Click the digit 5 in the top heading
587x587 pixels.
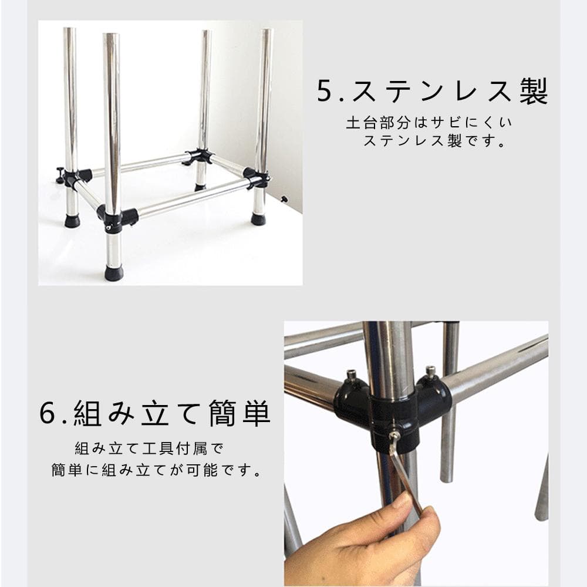click(x=325, y=90)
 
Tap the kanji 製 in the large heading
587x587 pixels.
click(x=534, y=90)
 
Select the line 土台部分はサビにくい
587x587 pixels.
click(x=429, y=123)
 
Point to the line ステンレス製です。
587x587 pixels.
click(x=434, y=141)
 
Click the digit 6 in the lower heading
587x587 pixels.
click(x=48, y=413)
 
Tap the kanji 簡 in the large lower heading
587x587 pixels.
click(x=222, y=413)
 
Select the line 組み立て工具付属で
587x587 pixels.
click(x=149, y=448)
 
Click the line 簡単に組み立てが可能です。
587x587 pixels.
click(x=156, y=470)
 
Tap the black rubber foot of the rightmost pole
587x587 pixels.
click(x=259, y=220)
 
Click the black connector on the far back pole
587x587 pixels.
click(x=198, y=157)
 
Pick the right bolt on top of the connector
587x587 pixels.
click(x=431, y=370)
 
